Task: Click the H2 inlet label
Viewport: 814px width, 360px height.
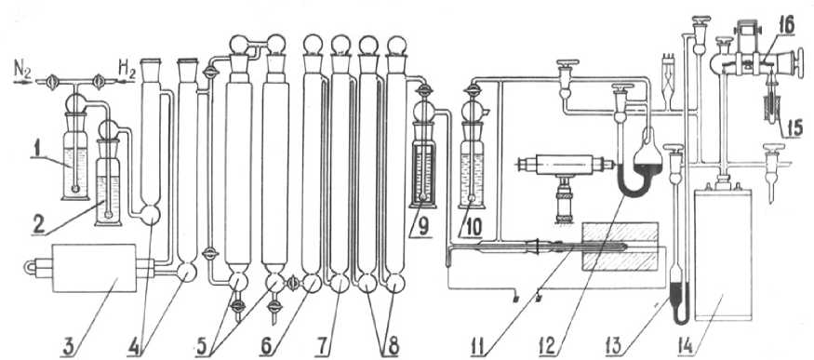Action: click(127, 68)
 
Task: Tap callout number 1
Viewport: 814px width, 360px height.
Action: click(37, 152)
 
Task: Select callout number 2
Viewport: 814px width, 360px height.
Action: click(38, 224)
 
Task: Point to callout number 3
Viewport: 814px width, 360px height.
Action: click(68, 347)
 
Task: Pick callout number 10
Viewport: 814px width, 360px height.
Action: click(473, 226)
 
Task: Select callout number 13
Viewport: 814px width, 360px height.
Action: click(616, 347)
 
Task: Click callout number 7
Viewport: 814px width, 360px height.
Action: click(324, 347)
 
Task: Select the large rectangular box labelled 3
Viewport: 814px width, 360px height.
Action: click(95, 269)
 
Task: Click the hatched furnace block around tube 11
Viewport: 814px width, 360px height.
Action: click(621, 247)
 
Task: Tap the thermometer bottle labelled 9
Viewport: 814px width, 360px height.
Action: click(424, 154)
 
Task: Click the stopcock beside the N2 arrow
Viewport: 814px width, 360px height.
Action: click(52, 82)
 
